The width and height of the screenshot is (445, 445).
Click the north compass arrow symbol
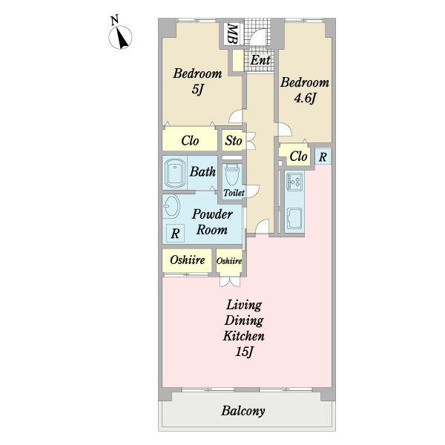(x=120, y=37)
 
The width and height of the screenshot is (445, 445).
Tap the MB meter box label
(x=232, y=34)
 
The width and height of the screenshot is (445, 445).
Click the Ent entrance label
(x=260, y=60)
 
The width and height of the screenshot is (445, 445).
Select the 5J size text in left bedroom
(x=198, y=90)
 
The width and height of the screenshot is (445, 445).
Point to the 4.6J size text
(x=305, y=98)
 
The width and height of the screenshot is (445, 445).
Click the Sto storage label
(x=234, y=140)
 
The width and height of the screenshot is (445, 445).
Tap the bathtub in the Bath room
(x=175, y=173)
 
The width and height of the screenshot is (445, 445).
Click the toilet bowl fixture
(x=232, y=175)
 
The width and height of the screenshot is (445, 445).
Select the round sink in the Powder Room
(x=171, y=206)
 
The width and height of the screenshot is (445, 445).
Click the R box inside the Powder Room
(x=175, y=234)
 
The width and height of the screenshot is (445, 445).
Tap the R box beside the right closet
(x=323, y=156)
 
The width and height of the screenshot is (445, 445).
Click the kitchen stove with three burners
(x=295, y=182)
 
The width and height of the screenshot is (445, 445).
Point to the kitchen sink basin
(x=294, y=218)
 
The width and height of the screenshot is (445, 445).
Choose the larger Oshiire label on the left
(x=188, y=260)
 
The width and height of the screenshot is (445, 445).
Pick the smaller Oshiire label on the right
(x=229, y=261)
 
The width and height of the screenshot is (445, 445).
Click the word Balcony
(x=243, y=411)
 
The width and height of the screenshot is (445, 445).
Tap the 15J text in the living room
(x=244, y=352)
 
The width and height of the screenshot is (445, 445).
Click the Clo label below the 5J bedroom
(x=190, y=140)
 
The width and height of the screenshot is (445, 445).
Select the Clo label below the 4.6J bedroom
(x=298, y=156)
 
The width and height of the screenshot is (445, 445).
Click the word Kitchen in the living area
(x=243, y=336)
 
